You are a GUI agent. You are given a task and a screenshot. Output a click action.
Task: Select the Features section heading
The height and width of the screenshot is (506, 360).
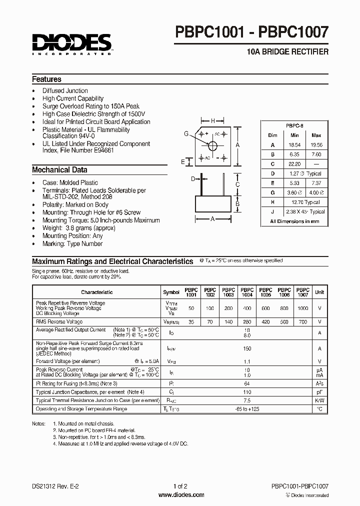click(46, 79)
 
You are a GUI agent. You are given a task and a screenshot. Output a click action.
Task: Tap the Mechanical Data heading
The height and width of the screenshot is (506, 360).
click(59, 169)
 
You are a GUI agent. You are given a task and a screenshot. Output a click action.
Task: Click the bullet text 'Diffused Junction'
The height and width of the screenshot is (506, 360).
click(65, 90)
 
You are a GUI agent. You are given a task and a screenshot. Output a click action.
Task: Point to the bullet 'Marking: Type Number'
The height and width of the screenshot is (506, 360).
click(72, 244)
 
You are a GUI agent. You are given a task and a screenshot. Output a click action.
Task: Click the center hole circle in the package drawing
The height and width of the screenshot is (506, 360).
click(213, 145)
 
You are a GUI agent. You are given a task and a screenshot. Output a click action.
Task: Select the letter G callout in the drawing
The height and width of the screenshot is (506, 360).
click(186, 133)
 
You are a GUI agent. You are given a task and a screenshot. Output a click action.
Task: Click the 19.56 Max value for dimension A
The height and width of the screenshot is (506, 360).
click(316, 144)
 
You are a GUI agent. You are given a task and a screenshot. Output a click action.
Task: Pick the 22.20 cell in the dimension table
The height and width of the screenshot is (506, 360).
click(294, 164)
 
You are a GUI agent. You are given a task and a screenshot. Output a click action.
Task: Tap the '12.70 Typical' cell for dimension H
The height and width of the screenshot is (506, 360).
click(305, 202)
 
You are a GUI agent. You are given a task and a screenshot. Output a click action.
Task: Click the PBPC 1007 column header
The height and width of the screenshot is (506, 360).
click(302, 292)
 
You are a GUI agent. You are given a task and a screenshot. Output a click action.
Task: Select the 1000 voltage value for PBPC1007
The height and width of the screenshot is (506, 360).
click(302, 308)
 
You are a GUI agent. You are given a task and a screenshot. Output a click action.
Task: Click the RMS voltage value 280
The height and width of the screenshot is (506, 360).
click(247, 322)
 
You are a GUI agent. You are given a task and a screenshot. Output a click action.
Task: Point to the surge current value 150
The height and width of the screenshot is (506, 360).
click(247, 348)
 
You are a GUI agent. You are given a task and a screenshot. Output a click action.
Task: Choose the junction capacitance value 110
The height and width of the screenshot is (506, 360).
click(247, 392)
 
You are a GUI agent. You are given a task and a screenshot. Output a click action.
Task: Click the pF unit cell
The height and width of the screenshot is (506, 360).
click(319, 392)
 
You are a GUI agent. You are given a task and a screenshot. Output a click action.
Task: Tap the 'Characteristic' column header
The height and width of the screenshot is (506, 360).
click(97, 292)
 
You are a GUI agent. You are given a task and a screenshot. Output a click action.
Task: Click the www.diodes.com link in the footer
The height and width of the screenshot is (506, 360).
click(180, 495)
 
